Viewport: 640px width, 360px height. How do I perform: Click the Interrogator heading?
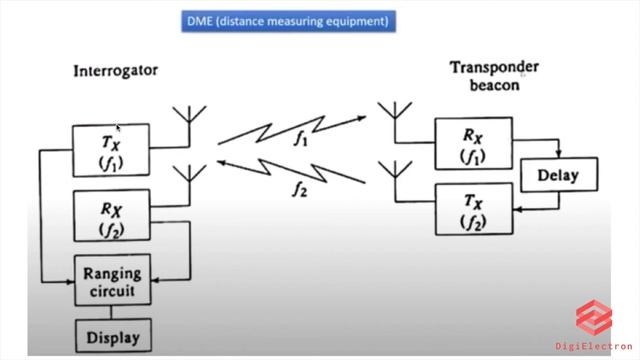115,71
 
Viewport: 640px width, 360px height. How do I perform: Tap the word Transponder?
494,68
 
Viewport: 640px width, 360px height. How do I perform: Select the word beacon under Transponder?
494,86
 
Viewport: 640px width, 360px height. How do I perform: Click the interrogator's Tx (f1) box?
111,151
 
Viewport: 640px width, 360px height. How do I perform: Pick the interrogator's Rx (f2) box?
111,216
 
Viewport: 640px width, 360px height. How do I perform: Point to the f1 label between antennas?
301,141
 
